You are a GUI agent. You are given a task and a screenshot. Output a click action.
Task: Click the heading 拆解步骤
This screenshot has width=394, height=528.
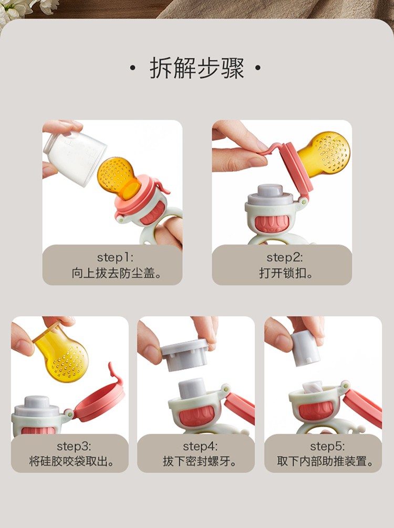coord(197,68)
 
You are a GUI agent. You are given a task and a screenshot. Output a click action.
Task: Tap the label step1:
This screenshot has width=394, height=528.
coord(115,258)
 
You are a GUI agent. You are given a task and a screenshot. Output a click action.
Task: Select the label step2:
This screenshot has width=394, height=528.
coord(285,258)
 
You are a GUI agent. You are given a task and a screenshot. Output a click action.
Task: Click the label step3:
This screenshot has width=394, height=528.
coord(74,446)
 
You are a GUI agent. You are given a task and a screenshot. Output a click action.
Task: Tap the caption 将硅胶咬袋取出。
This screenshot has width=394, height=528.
coord(72,461)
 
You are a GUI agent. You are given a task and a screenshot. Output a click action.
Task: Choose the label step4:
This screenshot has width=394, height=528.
coord(200,446)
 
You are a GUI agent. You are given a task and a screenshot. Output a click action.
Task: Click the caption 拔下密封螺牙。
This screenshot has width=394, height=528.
coord(200,461)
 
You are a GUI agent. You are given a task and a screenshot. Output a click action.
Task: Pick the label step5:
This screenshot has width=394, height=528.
coord(327,446)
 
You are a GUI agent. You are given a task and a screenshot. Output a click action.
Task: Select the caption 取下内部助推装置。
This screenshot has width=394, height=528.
coord(325,461)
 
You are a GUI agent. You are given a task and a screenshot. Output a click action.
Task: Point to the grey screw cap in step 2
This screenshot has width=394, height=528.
coord(270,195)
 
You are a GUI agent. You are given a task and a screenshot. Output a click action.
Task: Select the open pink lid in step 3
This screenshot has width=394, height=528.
coord(100,400)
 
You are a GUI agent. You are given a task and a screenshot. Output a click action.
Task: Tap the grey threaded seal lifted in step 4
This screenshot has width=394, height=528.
coord(185,355)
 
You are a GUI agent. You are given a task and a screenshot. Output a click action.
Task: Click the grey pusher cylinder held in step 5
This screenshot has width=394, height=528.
coord(305,349)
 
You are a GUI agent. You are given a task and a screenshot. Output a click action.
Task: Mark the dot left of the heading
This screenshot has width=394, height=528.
coord(132,68)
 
